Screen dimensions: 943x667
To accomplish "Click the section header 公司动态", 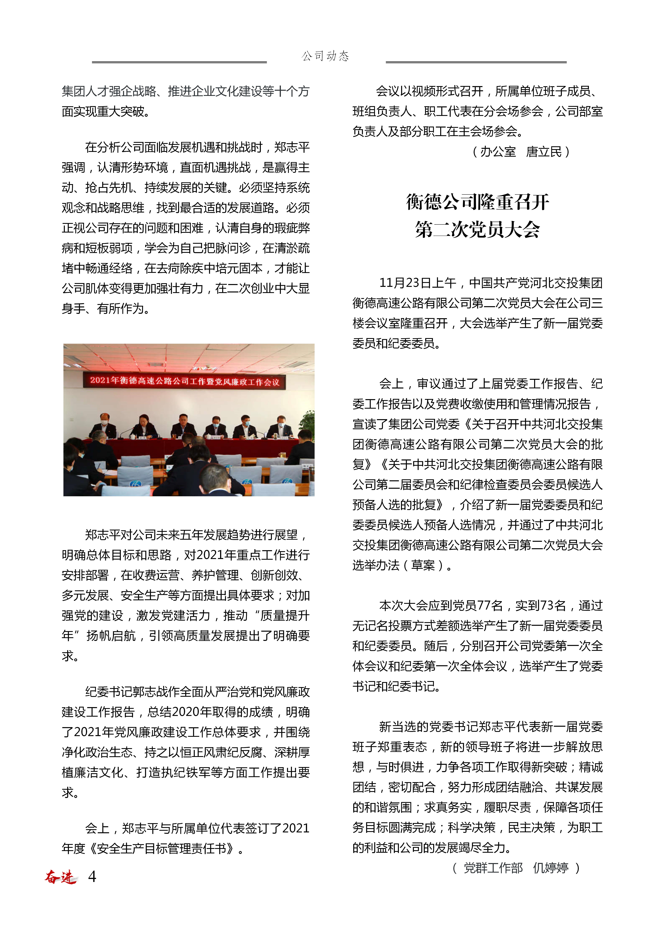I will pyautogui.click(x=325, y=56).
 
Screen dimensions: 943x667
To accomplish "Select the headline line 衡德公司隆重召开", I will pyautogui.click(x=477, y=202).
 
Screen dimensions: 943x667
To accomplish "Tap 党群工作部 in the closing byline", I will pyautogui.click(x=493, y=868).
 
